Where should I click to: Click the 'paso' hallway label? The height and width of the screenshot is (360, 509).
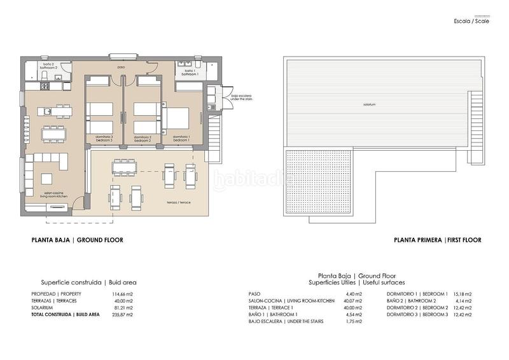click(121, 66)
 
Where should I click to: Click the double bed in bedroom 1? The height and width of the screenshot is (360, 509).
click(178, 118)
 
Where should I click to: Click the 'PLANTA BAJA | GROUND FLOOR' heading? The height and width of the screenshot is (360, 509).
click(77, 240)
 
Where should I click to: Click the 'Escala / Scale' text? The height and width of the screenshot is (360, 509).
click(471, 22)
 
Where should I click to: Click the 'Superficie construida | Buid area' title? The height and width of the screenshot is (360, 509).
click(88, 282)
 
